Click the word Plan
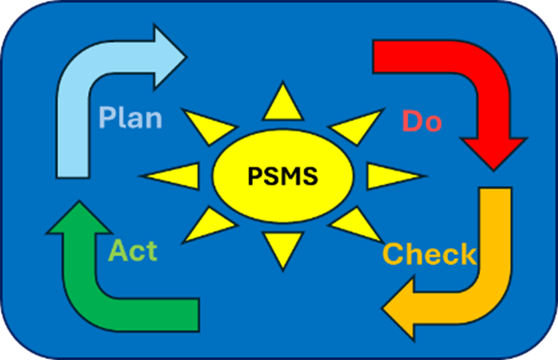(x=130, y=117)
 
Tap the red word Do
(x=421, y=121)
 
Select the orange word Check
(x=429, y=255)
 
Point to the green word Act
(x=133, y=251)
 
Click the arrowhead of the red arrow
(x=491, y=152)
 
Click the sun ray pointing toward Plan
(x=206, y=125)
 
